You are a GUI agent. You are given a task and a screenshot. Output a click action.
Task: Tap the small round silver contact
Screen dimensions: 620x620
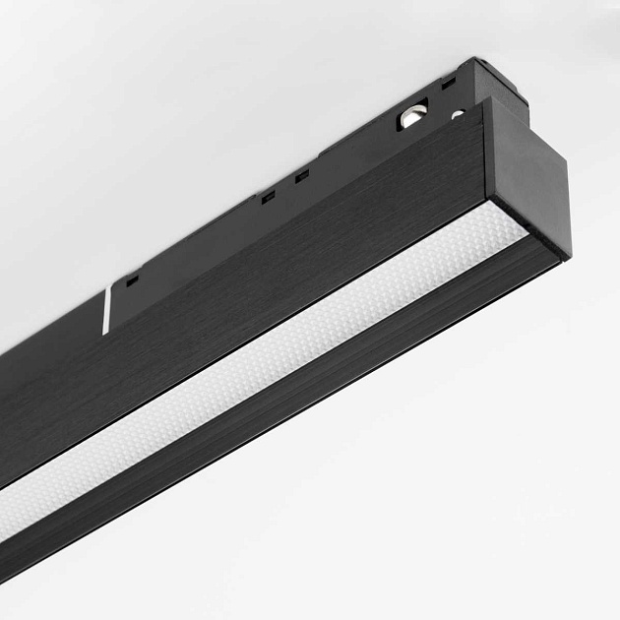coord(458,115)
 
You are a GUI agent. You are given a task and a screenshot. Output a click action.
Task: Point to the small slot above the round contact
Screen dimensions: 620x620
coord(449,84)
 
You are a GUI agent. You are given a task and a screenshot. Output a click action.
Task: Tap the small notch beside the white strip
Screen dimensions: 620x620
coord(132,279)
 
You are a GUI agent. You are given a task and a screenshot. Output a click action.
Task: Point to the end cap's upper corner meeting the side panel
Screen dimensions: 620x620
coord(484,100)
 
